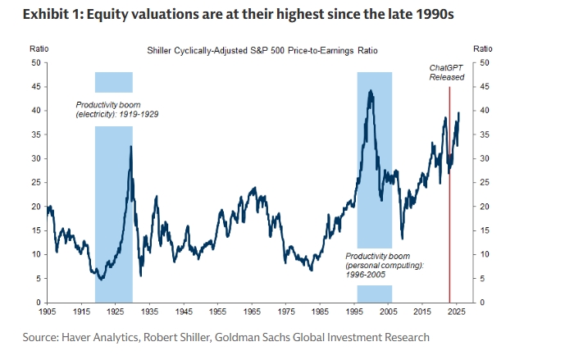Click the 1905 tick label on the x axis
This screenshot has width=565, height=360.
coord(47,312)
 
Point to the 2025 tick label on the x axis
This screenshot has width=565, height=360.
coord(456,312)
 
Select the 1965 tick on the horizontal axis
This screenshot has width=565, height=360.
coord(251,312)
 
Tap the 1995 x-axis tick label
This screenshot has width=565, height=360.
coord(353,312)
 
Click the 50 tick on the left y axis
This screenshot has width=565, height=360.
coord(35,62)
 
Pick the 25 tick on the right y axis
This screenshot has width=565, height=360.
coord(485,182)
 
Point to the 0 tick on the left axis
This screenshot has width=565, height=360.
coord(38,303)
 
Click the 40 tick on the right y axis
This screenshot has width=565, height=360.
coord(485,110)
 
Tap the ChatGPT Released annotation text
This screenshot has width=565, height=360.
coord(447,71)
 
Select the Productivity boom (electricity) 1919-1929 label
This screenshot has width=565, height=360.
coord(117,109)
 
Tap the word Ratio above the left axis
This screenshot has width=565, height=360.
coord(38,51)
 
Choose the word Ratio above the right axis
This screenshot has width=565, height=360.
coord(483,51)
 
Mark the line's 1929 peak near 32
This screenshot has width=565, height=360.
coord(130,147)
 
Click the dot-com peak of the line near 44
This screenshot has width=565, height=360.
coord(371,91)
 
